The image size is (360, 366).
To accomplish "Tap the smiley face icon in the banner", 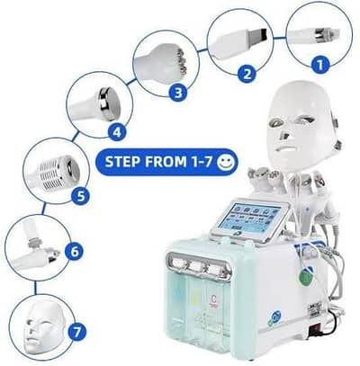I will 226,165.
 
